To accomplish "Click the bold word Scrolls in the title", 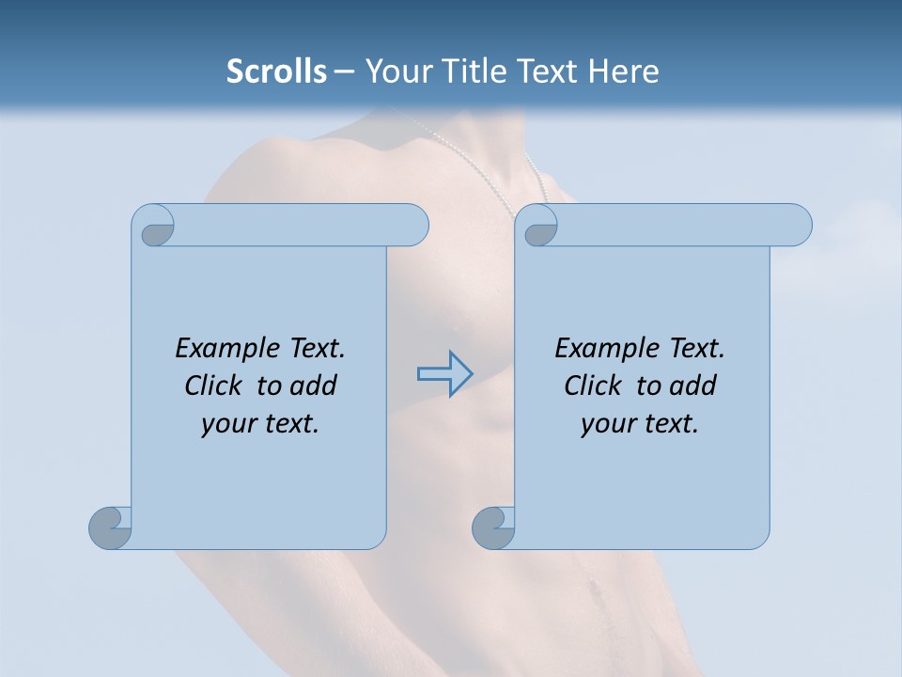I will [276, 71].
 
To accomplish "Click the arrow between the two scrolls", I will [444, 374].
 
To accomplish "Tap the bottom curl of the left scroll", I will [111, 527].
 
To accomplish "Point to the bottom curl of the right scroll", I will [494, 527].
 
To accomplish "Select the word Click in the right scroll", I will [592, 386].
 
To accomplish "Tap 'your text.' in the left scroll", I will [259, 423].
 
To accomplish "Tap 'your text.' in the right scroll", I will [639, 423].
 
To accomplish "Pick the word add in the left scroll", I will [313, 386].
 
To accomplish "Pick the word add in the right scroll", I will [692, 386].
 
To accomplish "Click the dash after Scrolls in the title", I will [344, 71].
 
